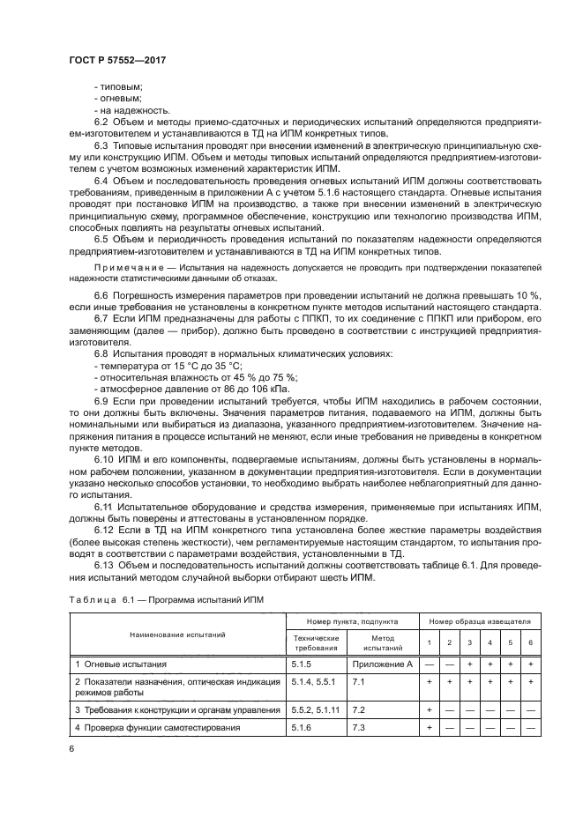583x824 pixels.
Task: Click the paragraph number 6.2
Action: [x=101, y=121]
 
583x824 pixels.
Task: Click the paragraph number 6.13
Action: [x=103, y=564]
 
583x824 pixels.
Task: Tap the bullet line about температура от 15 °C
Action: [x=167, y=364]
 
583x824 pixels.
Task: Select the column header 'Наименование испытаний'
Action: [x=177, y=635]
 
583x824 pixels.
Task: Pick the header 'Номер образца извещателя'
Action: [x=478, y=621]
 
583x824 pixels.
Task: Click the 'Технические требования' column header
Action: [x=315, y=642]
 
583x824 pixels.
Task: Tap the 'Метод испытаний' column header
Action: [x=382, y=642]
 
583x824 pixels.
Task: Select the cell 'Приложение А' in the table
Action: [x=382, y=664]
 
